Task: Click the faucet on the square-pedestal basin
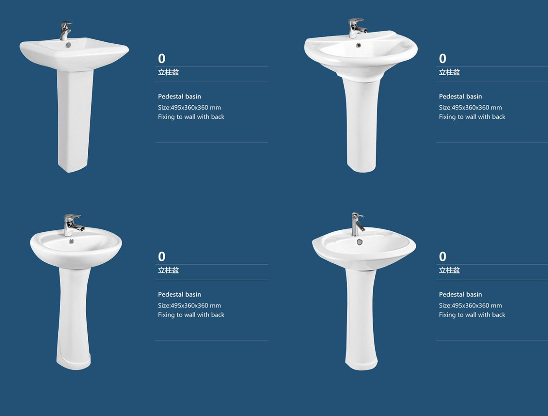(x=66, y=30)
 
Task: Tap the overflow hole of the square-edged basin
(x=68, y=45)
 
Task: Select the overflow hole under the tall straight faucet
(x=359, y=241)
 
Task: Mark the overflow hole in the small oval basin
(x=72, y=241)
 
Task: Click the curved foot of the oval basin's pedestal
(x=73, y=362)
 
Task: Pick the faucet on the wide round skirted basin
(x=357, y=28)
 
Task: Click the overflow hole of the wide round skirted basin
(x=359, y=45)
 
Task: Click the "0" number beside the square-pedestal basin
(x=161, y=58)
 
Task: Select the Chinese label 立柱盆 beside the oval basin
(x=168, y=270)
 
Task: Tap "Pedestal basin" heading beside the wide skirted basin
(x=461, y=96)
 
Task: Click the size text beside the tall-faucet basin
(x=470, y=305)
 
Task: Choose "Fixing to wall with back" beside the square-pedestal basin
(x=191, y=117)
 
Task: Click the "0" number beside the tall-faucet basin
(x=443, y=256)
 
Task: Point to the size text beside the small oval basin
(x=189, y=305)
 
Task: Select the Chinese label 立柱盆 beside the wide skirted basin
(x=449, y=72)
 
